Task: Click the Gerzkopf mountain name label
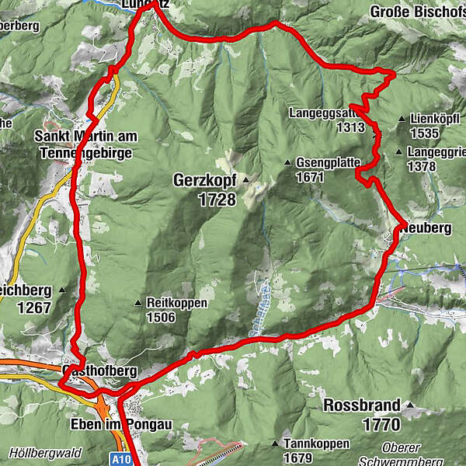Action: coord(205,179)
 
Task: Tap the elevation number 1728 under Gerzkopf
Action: coord(216,200)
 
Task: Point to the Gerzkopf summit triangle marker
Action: coord(245,180)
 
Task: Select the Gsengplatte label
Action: coord(329,164)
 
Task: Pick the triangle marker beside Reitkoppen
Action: coord(137,303)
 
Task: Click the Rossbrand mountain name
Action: coord(363,405)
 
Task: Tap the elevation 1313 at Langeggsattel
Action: coord(350,127)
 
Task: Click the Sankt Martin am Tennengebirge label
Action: coord(85,144)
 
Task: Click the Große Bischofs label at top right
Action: coord(417,12)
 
